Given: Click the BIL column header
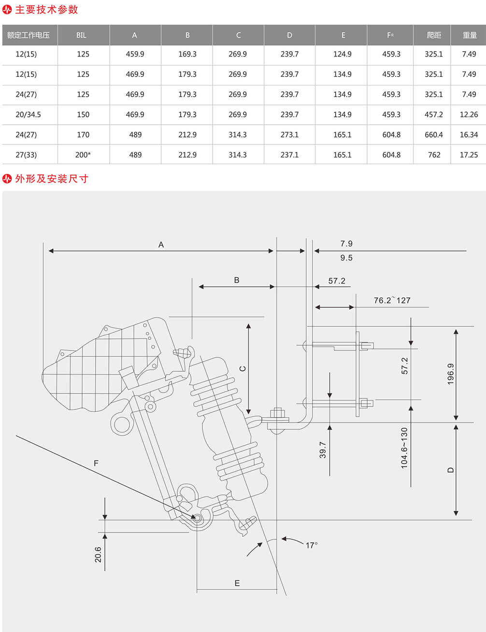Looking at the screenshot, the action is point(81,35).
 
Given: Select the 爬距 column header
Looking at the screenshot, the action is point(434,35).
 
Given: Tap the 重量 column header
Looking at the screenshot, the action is point(470,35).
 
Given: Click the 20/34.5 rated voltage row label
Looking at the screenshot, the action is point(28,114).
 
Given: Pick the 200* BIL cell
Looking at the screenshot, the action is point(83,154).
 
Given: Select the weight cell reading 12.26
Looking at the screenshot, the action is point(469,114).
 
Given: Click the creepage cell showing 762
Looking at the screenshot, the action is point(434,154).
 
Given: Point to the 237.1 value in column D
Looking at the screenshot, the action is point(289,154).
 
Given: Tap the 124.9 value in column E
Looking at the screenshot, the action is point(342,54).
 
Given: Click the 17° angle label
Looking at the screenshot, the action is point(312,545).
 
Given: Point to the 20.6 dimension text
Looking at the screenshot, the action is point(98,554).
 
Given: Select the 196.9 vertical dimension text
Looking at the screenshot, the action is point(451,374).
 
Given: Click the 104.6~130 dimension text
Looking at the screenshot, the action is point(404,448).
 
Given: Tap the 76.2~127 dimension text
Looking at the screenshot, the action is point(392,300).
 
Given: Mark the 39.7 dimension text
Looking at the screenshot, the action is point(323,450).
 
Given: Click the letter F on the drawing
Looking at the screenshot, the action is point(96,463).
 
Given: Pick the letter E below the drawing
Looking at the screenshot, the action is point(237,583).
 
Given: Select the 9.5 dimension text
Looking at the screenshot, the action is point(346,258).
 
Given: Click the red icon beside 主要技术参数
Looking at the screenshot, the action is point(7,10).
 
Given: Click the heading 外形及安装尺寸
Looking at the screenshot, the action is point(52,179).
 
